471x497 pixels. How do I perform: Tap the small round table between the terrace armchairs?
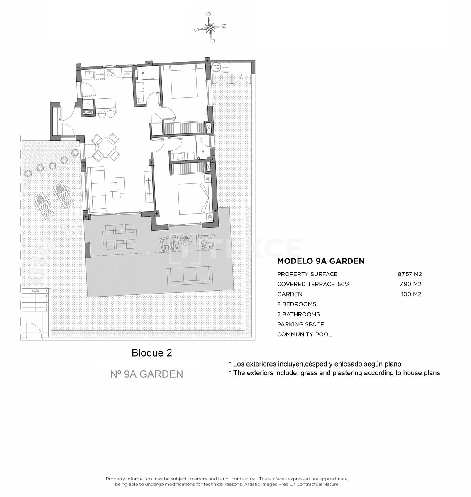tap(185, 238)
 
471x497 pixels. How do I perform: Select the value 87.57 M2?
tap(409, 274)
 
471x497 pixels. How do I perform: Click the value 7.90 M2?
tap(411, 284)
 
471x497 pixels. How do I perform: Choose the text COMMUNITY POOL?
tap(304, 335)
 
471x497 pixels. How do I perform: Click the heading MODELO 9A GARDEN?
tap(320, 261)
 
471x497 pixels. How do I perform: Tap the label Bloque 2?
tap(151, 353)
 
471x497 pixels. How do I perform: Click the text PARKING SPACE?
tap(300, 324)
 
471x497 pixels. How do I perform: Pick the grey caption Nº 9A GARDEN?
tap(146, 374)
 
